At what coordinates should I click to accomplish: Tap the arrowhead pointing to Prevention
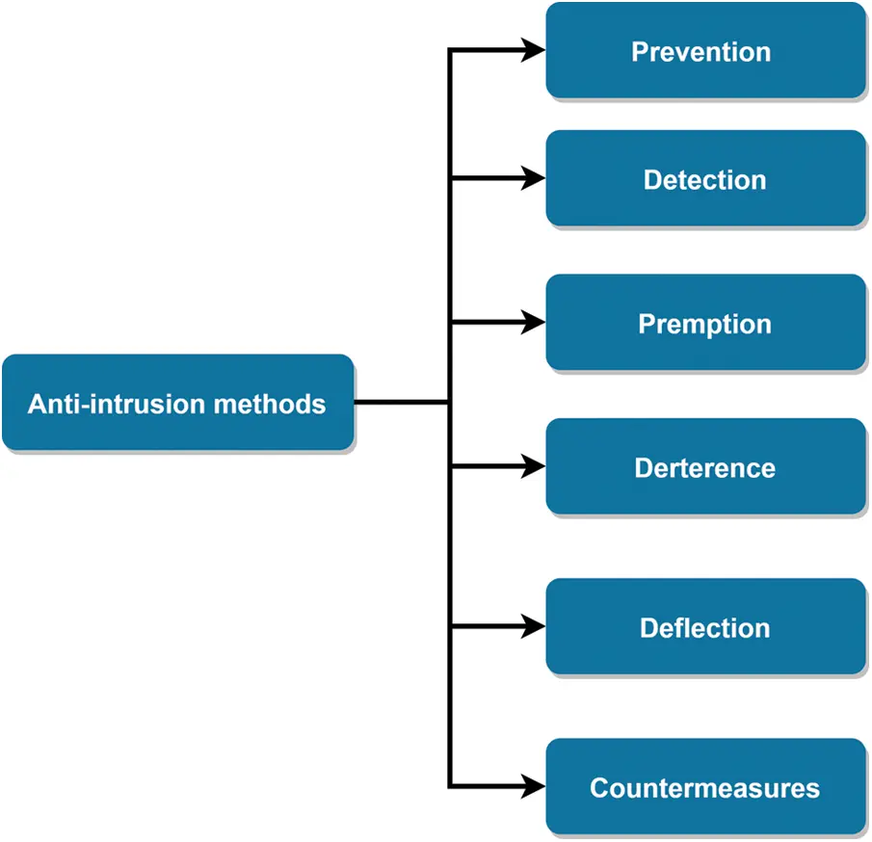click(x=534, y=50)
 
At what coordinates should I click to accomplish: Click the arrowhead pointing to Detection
click(x=534, y=178)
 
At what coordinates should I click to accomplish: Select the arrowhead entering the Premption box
click(x=534, y=323)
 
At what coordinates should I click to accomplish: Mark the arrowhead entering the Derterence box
click(x=534, y=467)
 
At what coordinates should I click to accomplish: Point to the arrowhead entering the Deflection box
click(x=534, y=627)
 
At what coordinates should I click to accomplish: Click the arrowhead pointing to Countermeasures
click(x=534, y=787)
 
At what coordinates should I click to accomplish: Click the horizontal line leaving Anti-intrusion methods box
click(x=400, y=402)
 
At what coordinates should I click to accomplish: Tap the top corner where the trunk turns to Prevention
click(x=450, y=50)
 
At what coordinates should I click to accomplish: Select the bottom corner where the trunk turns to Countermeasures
click(x=450, y=787)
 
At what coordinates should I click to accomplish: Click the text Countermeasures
click(x=705, y=788)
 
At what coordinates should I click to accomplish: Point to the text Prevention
click(x=701, y=51)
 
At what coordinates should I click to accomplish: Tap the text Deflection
click(x=705, y=628)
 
